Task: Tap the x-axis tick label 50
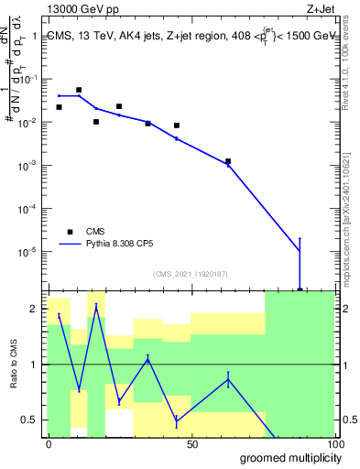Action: click(x=191, y=444)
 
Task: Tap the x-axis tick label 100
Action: click(x=334, y=444)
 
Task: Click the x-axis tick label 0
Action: click(x=49, y=444)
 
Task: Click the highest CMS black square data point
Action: click(x=79, y=90)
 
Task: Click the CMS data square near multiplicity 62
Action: click(x=228, y=161)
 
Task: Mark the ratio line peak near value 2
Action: click(x=96, y=305)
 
